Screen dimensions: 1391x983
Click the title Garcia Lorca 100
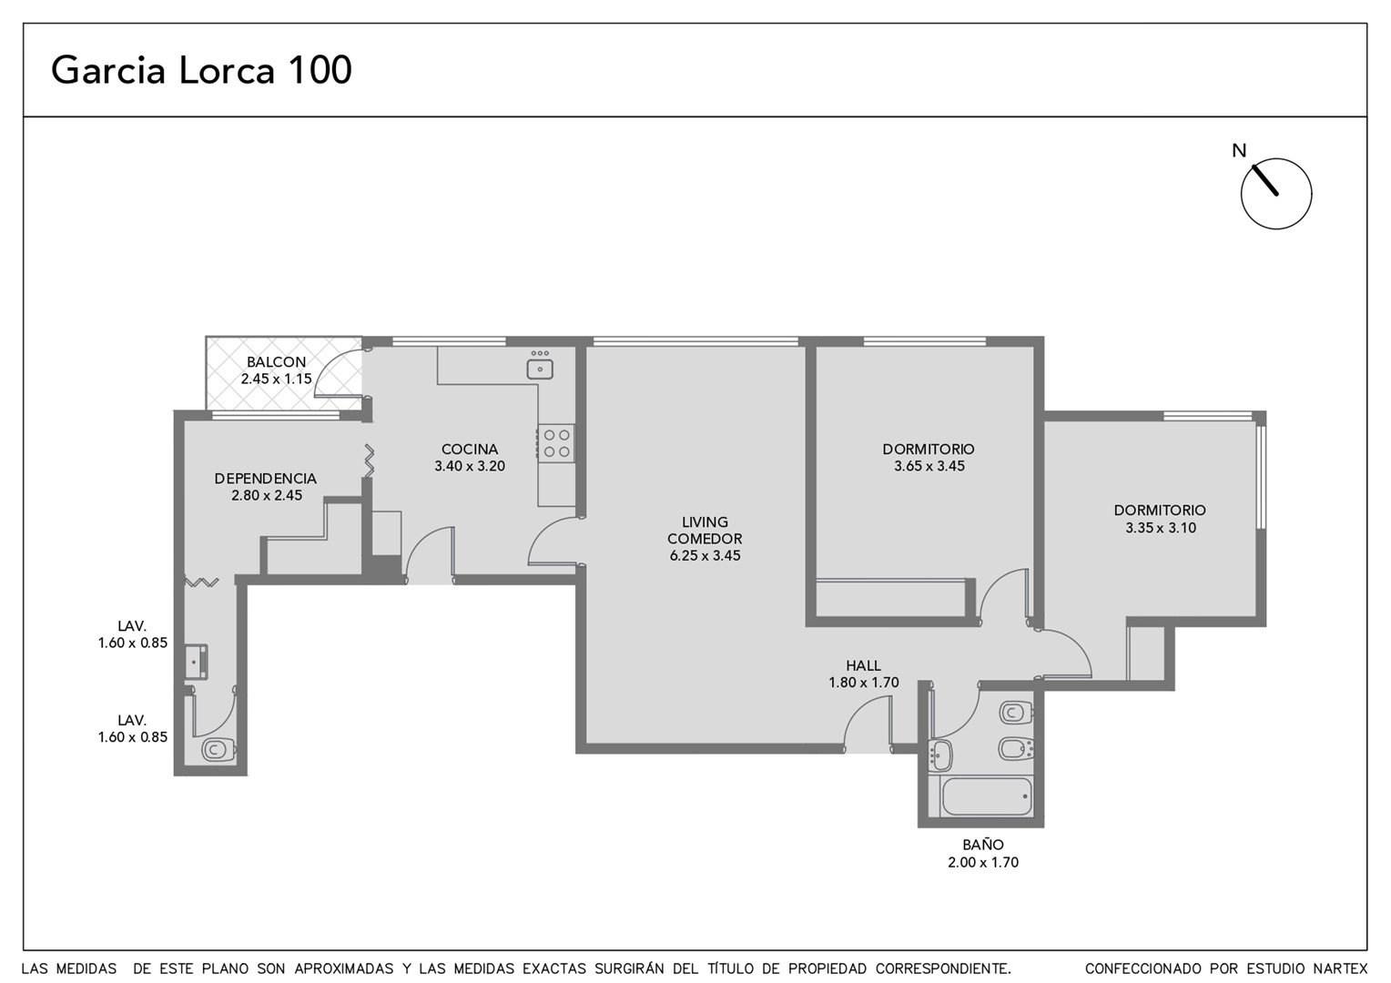(x=201, y=69)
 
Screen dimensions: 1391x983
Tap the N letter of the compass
(x=1239, y=151)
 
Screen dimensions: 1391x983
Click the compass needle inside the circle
(x=1265, y=180)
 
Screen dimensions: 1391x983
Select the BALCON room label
(x=277, y=362)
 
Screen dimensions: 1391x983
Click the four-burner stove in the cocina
(x=556, y=443)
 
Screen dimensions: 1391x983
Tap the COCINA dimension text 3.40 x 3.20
(x=470, y=466)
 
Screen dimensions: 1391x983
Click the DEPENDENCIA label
(x=266, y=478)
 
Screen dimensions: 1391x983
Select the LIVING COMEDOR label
(x=705, y=531)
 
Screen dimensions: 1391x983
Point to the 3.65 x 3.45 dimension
(x=929, y=466)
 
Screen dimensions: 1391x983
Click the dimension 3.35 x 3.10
(x=1161, y=528)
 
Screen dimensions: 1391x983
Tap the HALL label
(x=863, y=665)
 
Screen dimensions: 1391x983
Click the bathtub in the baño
(x=986, y=796)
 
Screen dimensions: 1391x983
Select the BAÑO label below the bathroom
(x=983, y=845)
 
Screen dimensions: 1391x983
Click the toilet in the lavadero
(x=218, y=750)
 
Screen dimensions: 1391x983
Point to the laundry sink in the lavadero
(x=197, y=662)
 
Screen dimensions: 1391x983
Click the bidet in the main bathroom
(x=1016, y=748)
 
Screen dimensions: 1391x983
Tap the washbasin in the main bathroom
(x=940, y=754)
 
